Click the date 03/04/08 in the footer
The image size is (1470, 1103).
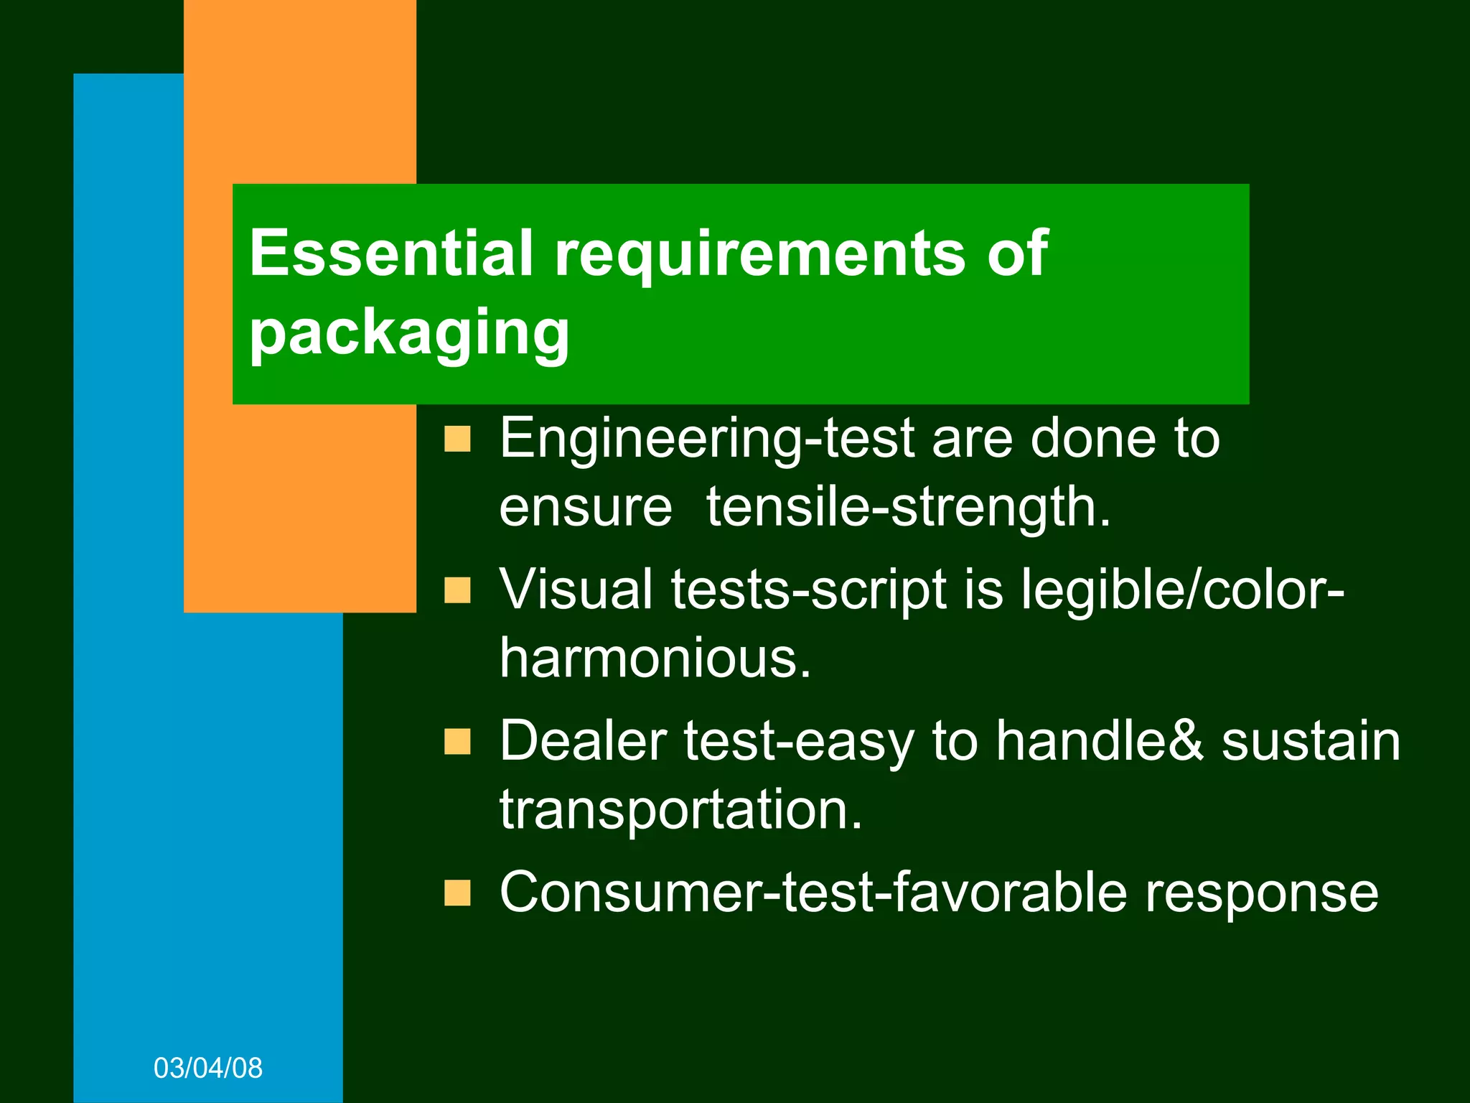coord(208,1068)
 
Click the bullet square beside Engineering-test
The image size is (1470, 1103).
coord(457,438)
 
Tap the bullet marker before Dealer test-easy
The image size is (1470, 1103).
coord(457,742)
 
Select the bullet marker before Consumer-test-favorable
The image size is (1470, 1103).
coord(457,893)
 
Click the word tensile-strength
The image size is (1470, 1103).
coord(908,507)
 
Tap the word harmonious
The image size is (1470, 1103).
coord(655,658)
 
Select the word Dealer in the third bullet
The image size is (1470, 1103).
coord(583,741)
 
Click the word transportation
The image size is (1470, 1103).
coord(680,810)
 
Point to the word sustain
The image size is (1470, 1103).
coord(1311,741)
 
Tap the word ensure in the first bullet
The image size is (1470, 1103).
coord(586,507)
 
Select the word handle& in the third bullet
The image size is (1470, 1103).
coord(1099,741)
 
